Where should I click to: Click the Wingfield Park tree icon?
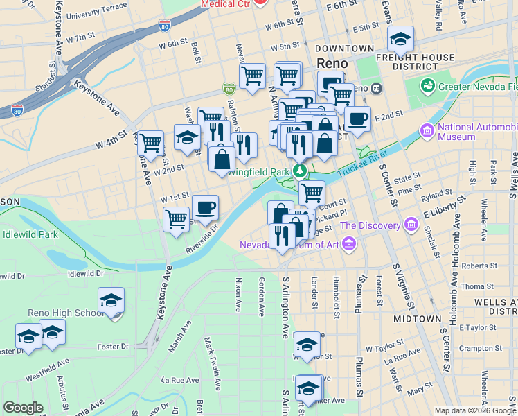click(x=300, y=171)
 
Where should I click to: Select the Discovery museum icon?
click(x=412, y=225)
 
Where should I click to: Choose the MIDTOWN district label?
click(x=417, y=319)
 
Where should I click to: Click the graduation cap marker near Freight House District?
click(x=400, y=38)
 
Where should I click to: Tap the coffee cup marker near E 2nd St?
click(x=357, y=119)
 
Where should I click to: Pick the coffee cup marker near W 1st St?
click(x=204, y=207)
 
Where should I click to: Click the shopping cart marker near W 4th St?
click(x=150, y=143)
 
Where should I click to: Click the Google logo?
click(x=24, y=408)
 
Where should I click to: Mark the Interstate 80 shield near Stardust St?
click(x=18, y=110)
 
